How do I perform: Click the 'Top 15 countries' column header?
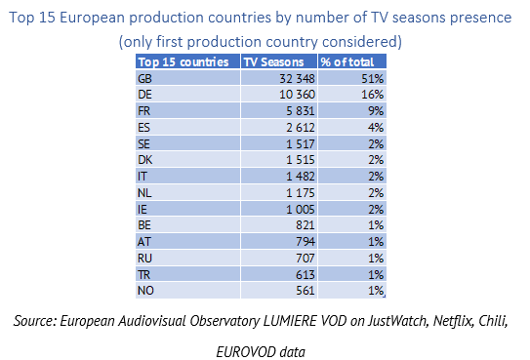pyautogui.click(x=183, y=62)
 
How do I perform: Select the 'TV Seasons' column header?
pyautogui.click(x=274, y=62)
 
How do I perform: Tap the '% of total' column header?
pyautogui.click(x=347, y=62)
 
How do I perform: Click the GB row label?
pyautogui.click(x=145, y=79)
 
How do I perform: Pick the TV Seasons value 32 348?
pyautogui.click(x=297, y=79)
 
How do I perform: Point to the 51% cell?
pyautogui.click(x=373, y=79)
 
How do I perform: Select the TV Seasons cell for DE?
pyautogui.click(x=297, y=95)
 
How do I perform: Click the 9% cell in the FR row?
pyautogui.click(x=376, y=111)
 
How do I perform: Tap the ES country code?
pyautogui.click(x=143, y=128)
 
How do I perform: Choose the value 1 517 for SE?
pyautogui.click(x=301, y=144)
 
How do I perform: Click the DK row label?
pyautogui.click(x=145, y=159)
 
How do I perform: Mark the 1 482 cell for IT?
pyautogui.click(x=301, y=177)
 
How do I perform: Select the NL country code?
pyautogui.click(x=144, y=193)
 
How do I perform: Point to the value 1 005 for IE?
pyautogui.click(x=301, y=210)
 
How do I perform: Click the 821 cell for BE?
pyautogui.click(x=306, y=225)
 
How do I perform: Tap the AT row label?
pyautogui.click(x=144, y=242)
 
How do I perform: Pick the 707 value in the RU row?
pyautogui.click(x=306, y=259)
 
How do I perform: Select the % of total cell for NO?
pyautogui.click(x=376, y=291)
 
